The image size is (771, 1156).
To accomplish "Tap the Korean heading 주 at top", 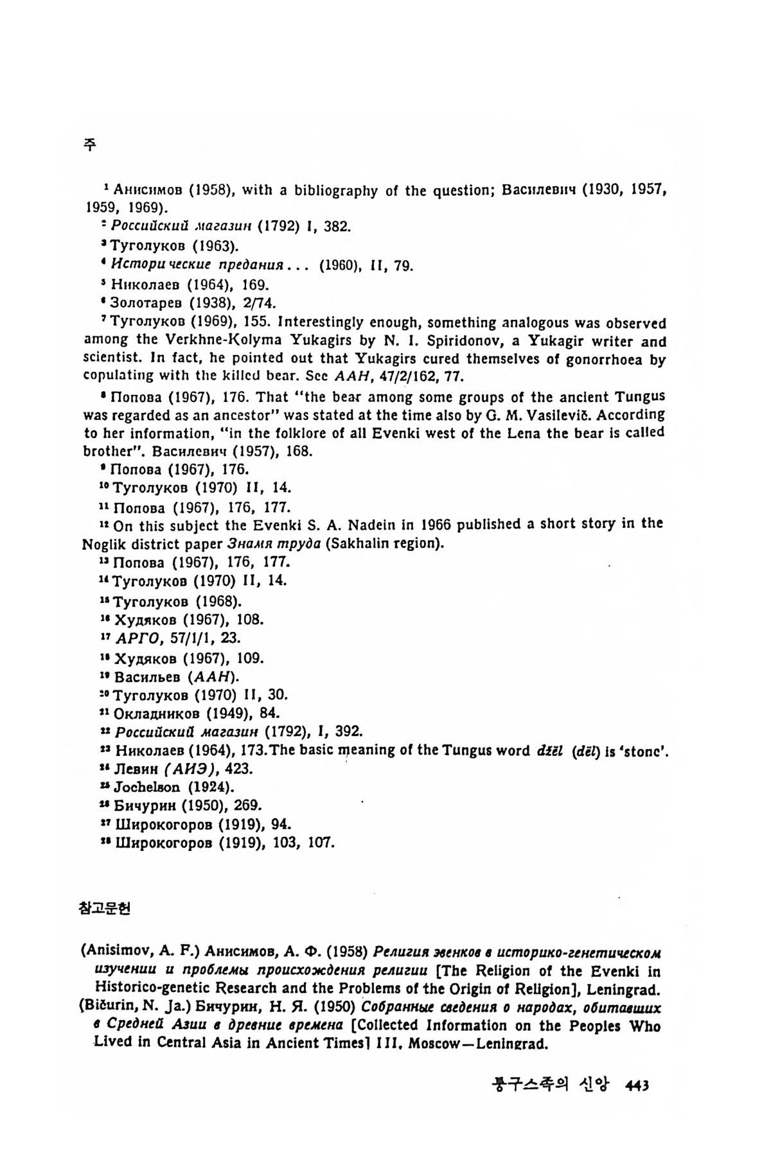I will [x=90, y=145].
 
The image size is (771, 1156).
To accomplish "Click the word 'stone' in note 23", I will [x=646, y=751].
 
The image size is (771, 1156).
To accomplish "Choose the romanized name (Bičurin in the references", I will [x=107, y=1007].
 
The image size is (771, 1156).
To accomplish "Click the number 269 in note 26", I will [x=249, y=805].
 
